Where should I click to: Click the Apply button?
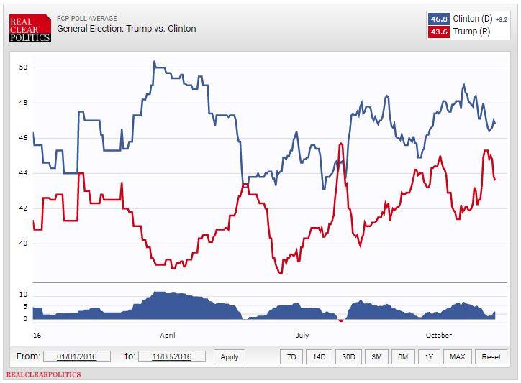(230, 356)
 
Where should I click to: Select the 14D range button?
(318, 356)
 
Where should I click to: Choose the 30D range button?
(348, 356)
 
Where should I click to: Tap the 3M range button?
(376, 356)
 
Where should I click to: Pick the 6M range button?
(403, 356)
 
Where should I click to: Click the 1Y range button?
(430, 356)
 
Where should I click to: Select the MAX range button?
(457, 356)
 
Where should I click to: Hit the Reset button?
(491, 356)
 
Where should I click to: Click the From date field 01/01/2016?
(76, 356)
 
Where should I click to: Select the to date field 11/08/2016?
(172, 356)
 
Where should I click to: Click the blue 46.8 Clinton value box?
(438, 19)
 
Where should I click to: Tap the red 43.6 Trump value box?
(438, 32)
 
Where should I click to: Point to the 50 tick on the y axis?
(23, 68)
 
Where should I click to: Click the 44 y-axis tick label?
(23, 173)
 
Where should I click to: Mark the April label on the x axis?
(168, 335)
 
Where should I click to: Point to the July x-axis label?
(302, 335)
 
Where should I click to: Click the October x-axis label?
(439, 335)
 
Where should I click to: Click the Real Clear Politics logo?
(30, 27)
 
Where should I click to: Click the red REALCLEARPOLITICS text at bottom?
(43, 374)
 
